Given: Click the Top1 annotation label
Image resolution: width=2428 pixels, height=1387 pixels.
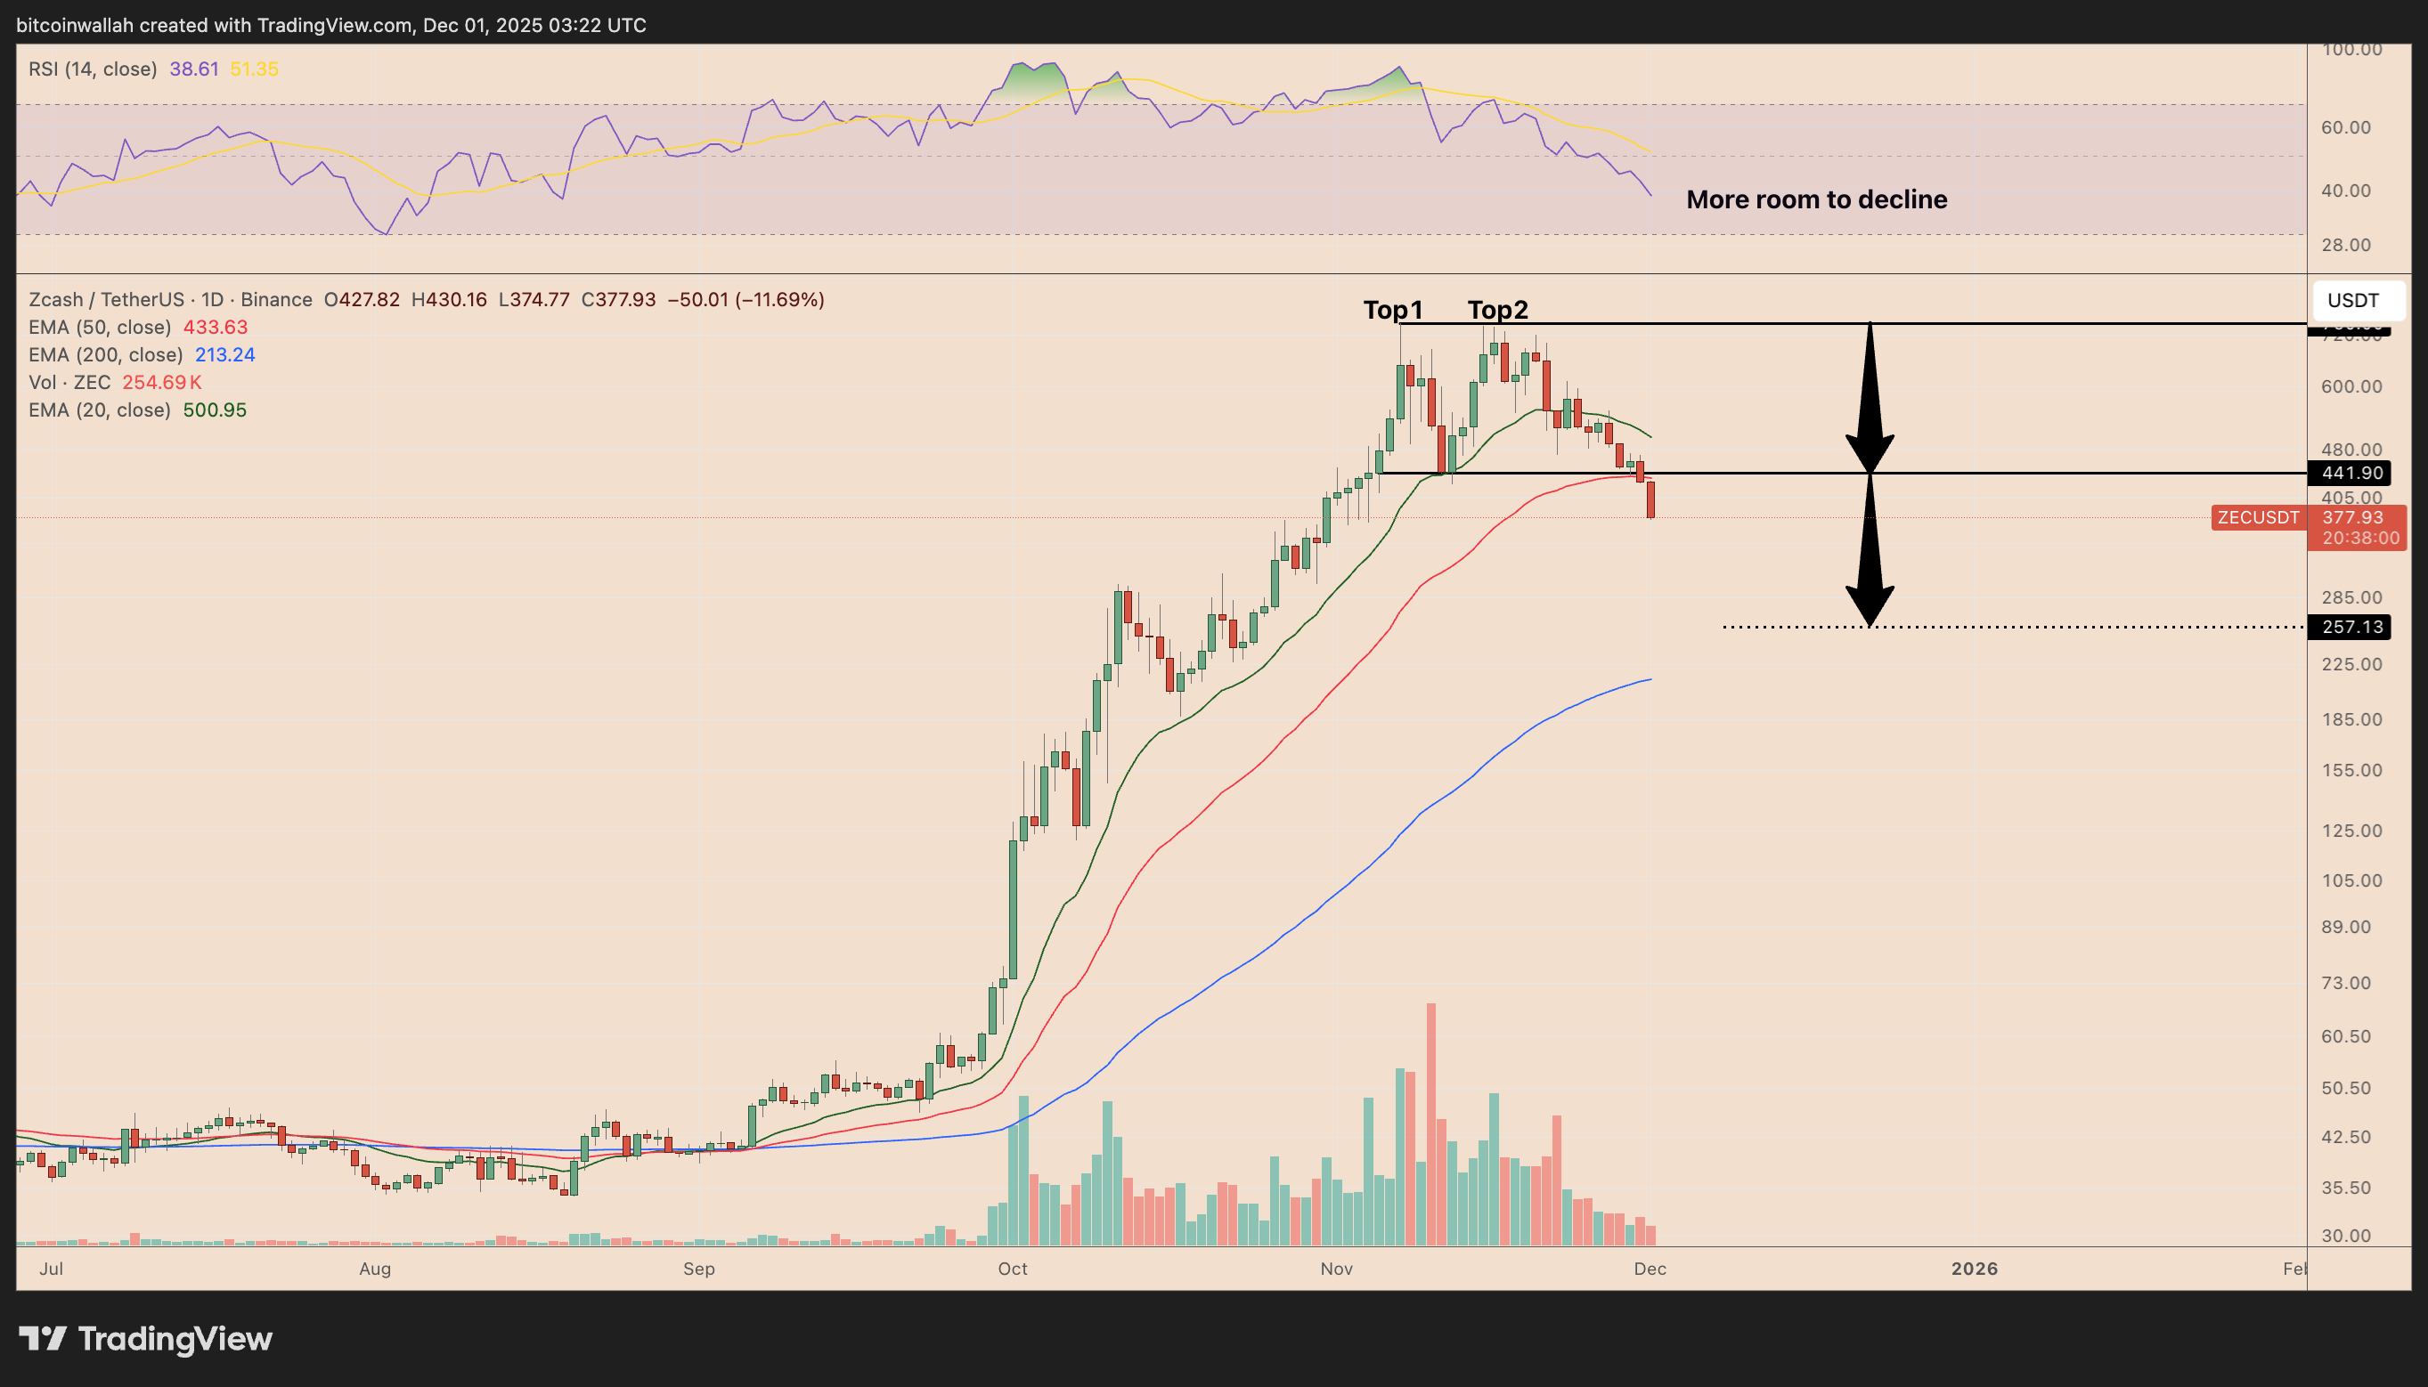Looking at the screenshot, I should click(x=1392, y=310).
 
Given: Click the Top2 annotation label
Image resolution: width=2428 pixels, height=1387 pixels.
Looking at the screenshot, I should click(x=1497, y=310).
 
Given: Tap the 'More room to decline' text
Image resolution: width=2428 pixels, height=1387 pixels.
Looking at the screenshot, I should click(x=1816, y=199).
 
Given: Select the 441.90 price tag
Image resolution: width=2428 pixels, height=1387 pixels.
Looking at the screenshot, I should click(x=2351, y=473).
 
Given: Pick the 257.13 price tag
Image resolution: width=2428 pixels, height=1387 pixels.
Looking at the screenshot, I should click(x=2351, y=627).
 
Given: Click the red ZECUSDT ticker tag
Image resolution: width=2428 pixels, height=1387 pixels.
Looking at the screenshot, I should click(x=2257, y=517).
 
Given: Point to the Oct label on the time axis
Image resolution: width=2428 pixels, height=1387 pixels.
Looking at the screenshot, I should click(x=1012, y=1269).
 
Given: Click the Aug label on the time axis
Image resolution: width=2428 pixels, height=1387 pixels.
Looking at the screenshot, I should click(x=374, y=1269).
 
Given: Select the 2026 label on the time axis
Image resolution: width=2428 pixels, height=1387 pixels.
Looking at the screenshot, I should click(x=1974, y=1269).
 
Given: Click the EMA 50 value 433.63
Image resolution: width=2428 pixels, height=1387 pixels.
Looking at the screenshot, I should click(x=216, y=328).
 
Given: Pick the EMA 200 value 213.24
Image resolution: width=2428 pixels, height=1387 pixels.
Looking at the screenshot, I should click(x=224, y=355).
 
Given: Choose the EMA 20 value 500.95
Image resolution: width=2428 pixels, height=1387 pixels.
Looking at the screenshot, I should click(x=215, y=410).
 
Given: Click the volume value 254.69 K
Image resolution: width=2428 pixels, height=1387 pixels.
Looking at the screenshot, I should click(x=162, y=383).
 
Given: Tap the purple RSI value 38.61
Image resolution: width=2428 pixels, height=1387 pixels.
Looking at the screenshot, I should click(x=194, y=69).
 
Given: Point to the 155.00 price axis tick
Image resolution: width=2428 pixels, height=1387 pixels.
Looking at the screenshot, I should click(x=2351, y=771).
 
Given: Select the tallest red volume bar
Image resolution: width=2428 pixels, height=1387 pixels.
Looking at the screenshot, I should click(x=1430, y=1124).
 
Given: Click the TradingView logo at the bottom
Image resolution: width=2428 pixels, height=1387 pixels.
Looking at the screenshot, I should click(x=146, y=1338).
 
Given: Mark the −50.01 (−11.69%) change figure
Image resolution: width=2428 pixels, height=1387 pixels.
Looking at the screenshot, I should click(x=746, y=300).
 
